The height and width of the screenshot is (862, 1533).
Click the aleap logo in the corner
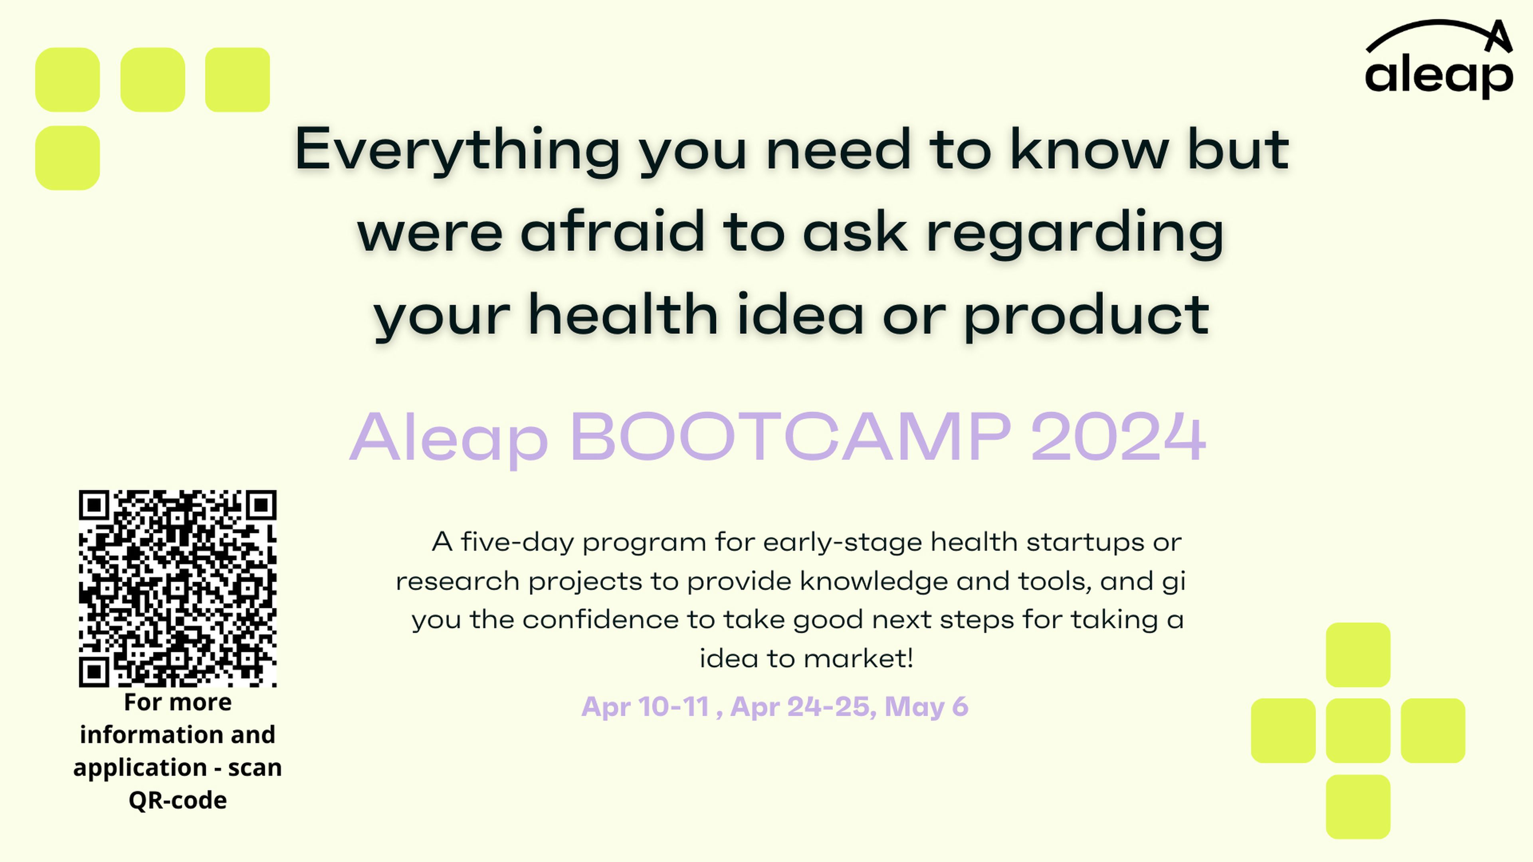(x=1439, y=59)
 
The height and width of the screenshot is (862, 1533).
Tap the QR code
(x=177, y=588)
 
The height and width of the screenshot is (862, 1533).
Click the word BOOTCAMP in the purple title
(x=790, y=437)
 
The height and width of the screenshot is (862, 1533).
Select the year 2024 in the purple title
(x=1118, y=437)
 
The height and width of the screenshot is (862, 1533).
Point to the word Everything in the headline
(x=458, y=151)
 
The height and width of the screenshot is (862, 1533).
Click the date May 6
(x=927, y=707)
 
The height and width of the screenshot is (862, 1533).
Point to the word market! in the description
(x=859, y=658)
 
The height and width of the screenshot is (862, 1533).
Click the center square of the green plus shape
(x=1358, y=731)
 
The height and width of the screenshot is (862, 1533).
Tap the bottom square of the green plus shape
(x=1358, y=807)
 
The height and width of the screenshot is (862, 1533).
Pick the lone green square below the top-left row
(x=67, y=158)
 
